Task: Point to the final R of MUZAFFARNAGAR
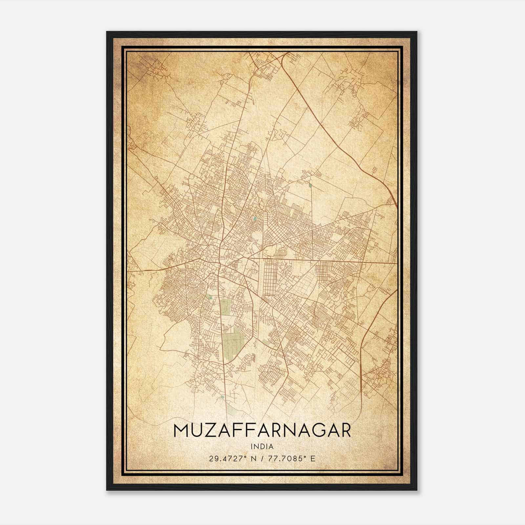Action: tap(345, 431)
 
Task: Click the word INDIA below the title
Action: tap(262, 446)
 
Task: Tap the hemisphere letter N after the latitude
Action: tap(252, 458)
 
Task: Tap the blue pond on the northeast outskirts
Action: tap(310, 186)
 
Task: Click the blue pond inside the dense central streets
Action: tap(255, 218)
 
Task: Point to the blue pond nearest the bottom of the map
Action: tap(223, 397)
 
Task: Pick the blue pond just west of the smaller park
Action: tap(210, 298)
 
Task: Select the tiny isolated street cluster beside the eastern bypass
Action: tap(375, 170)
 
